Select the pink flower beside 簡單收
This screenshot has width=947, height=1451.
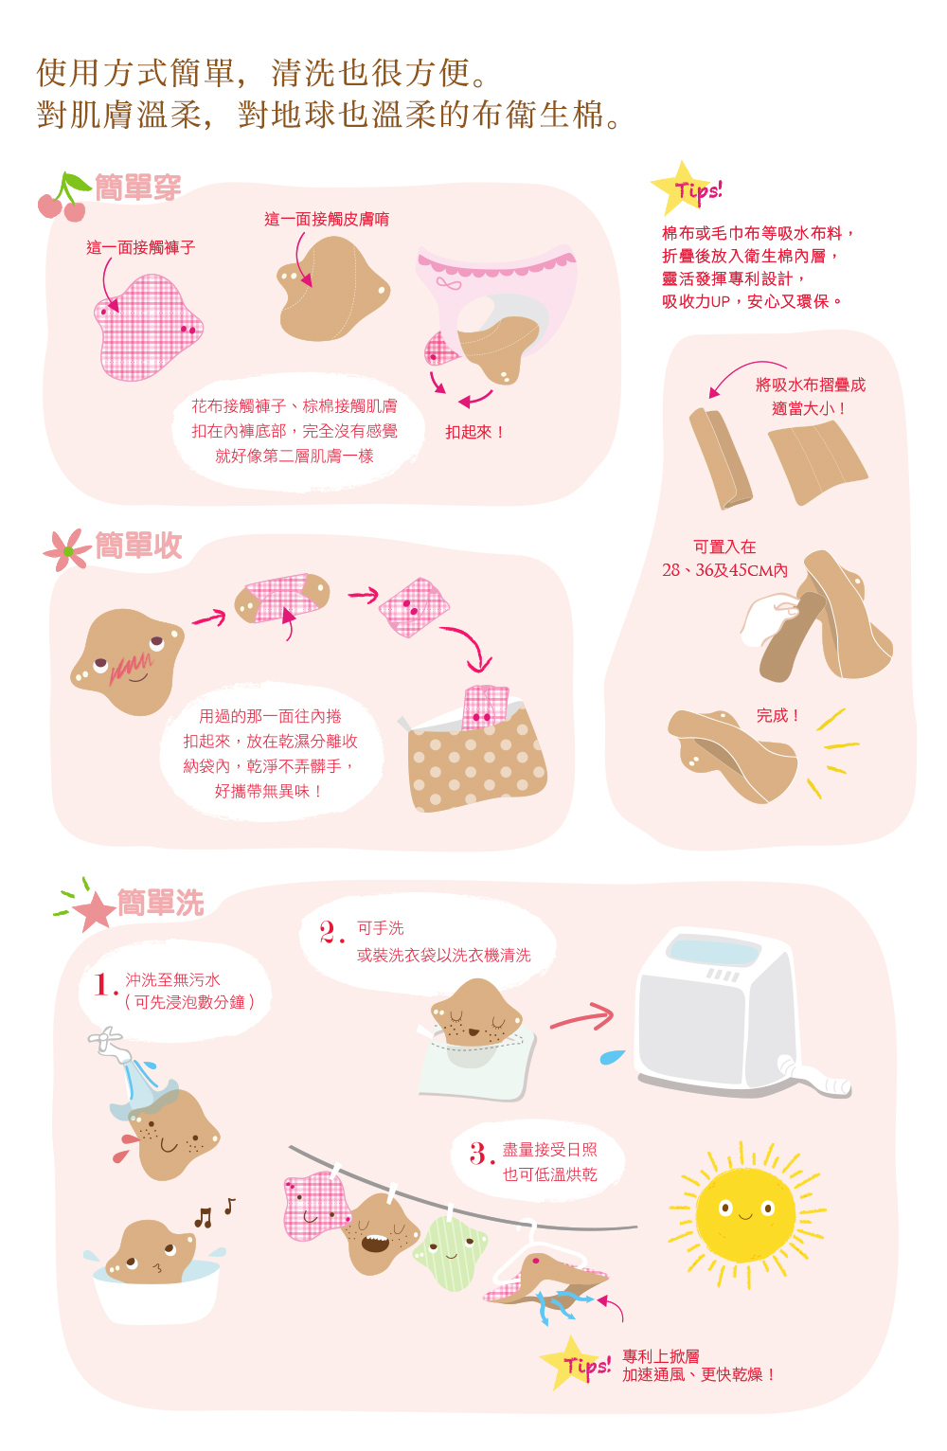[x=66, y=550]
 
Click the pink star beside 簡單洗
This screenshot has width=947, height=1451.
[x=95, y=911]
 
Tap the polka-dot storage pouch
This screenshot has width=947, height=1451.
[x=476, y=755]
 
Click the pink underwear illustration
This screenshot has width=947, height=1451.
[x=496, y=298]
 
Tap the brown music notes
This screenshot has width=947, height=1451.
[x=214, y=1212]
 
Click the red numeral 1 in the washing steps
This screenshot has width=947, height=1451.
[x=103, y=985]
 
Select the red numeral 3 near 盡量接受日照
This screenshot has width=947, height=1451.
[x=481, y=1154]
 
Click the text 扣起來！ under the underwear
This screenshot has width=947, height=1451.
[x=474, y=432]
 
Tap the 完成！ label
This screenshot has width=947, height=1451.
[x=777, y=715]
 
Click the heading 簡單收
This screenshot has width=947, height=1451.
[x=138, y=546]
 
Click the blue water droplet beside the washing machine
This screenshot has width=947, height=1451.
[x=612, y=1056]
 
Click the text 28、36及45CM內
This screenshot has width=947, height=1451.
[x=724, y=570]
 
